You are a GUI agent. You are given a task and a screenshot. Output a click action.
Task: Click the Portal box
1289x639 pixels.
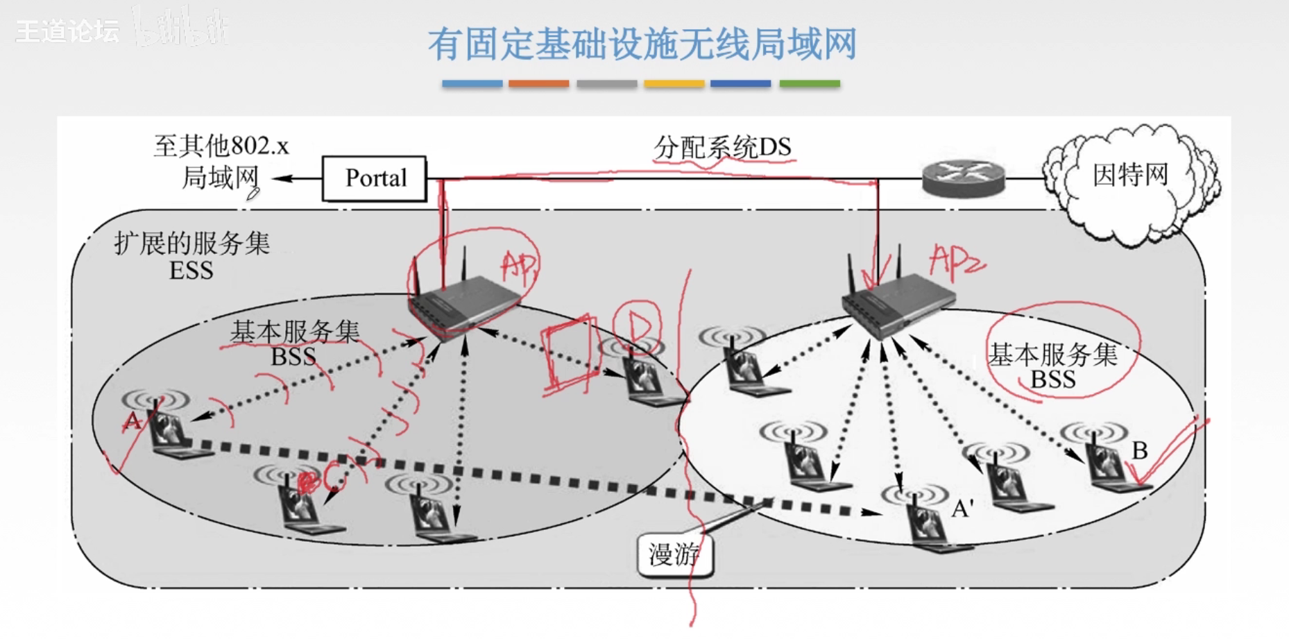coord(375,178)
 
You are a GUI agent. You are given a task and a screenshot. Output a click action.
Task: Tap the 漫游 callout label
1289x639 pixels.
coord(674,554)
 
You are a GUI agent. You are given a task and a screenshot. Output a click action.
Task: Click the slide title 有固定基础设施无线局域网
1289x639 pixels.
coord(642,44)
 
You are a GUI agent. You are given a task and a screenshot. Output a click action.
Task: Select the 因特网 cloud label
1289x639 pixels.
coord(1130,175)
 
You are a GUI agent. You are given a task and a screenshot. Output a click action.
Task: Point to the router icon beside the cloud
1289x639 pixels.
coord(964,178)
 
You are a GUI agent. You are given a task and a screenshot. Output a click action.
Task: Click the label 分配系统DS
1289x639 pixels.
coord(722,147)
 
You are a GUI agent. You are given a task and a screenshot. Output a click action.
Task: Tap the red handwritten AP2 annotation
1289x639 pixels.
coord(955,262)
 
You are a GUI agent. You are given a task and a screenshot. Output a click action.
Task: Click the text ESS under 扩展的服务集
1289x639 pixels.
coord(191,271)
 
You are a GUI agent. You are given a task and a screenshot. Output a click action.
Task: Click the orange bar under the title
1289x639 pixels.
coord(538,84)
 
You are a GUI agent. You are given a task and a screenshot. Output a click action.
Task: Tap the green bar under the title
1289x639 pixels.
coord(810,84)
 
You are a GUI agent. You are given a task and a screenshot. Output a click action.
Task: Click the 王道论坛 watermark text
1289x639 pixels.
coord(68,31)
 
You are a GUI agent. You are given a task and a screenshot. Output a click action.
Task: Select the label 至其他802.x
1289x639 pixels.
coord(221,146)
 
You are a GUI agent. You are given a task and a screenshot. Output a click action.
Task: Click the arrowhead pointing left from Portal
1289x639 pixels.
coord(281,179)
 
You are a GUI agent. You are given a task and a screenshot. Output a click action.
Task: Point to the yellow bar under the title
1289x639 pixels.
coord(674,84)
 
